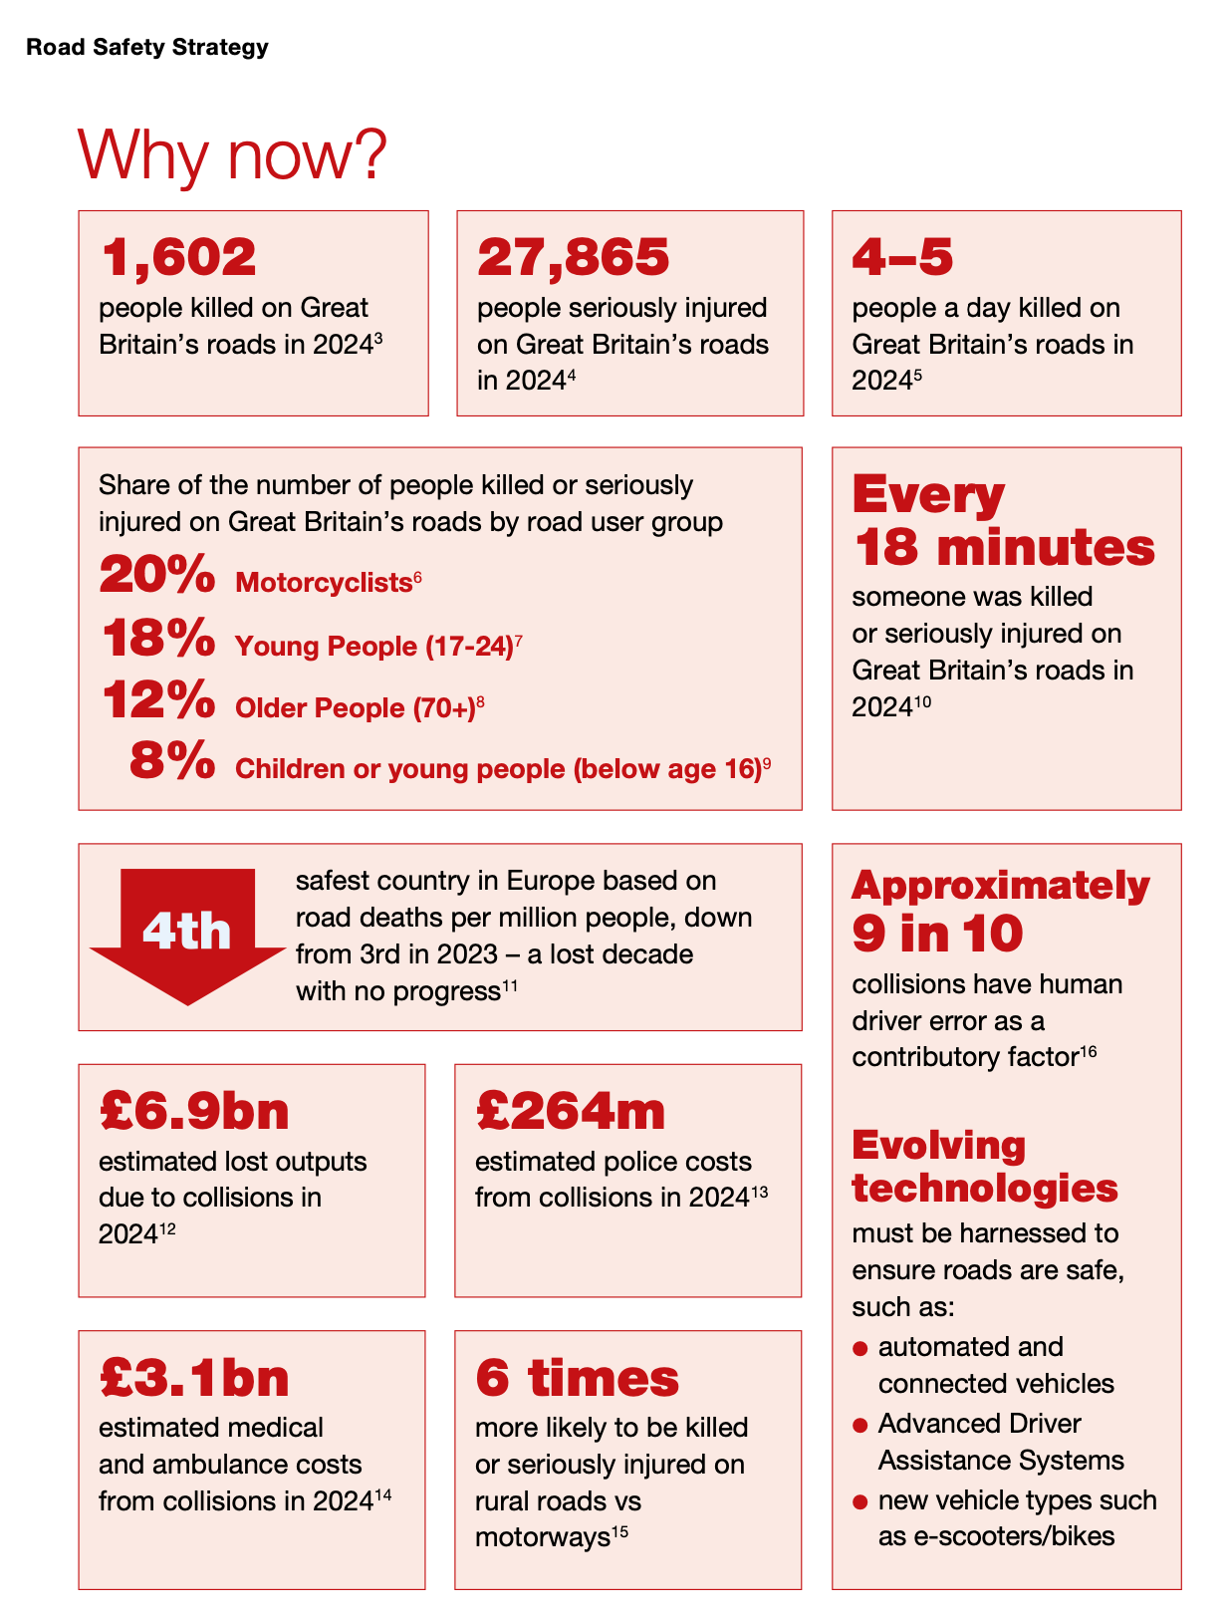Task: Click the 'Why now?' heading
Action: (x=232, y=155)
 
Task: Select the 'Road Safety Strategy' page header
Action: (x=147, y=47)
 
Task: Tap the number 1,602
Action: (x=179, y=257)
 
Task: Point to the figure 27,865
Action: (x=574, y=257)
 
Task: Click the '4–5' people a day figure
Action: (x=902, y=257)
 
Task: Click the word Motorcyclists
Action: (x=324, y=583)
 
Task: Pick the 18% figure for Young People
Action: (x=159, y=639)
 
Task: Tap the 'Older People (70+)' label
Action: (x=355, y=707)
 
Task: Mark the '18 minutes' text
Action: (x=1004, y=548)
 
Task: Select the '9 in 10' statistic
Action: (x=937, y=934)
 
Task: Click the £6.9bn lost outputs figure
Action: (x=195, y=1111)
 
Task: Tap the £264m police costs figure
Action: (x=571, y=1111)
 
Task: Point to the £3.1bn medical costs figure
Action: (x=195, y=1378)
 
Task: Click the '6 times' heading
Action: (x=578, y=1378)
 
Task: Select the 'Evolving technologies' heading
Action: (x=984, y=1167)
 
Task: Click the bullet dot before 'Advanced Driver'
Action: (x=860, y=1426)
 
